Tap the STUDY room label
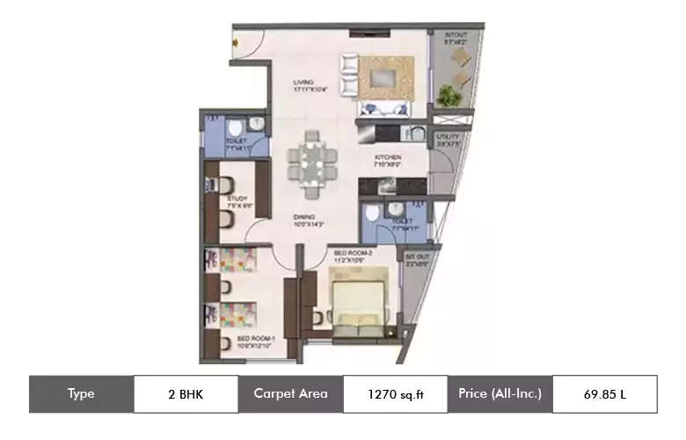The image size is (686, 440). (x=237, y=202)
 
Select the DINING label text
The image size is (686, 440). (x=306, y=220)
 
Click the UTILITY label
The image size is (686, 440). (x=449, y=137)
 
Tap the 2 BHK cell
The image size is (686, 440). (x=186, y=394)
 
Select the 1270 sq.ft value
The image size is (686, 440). (x=395, y=394)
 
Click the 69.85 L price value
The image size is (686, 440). (x=604, y=394)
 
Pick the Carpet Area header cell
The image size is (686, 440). (x=290, y=394)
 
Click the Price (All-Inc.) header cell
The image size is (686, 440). (x=500, y=394)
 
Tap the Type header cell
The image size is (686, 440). (x=81, y=394)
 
